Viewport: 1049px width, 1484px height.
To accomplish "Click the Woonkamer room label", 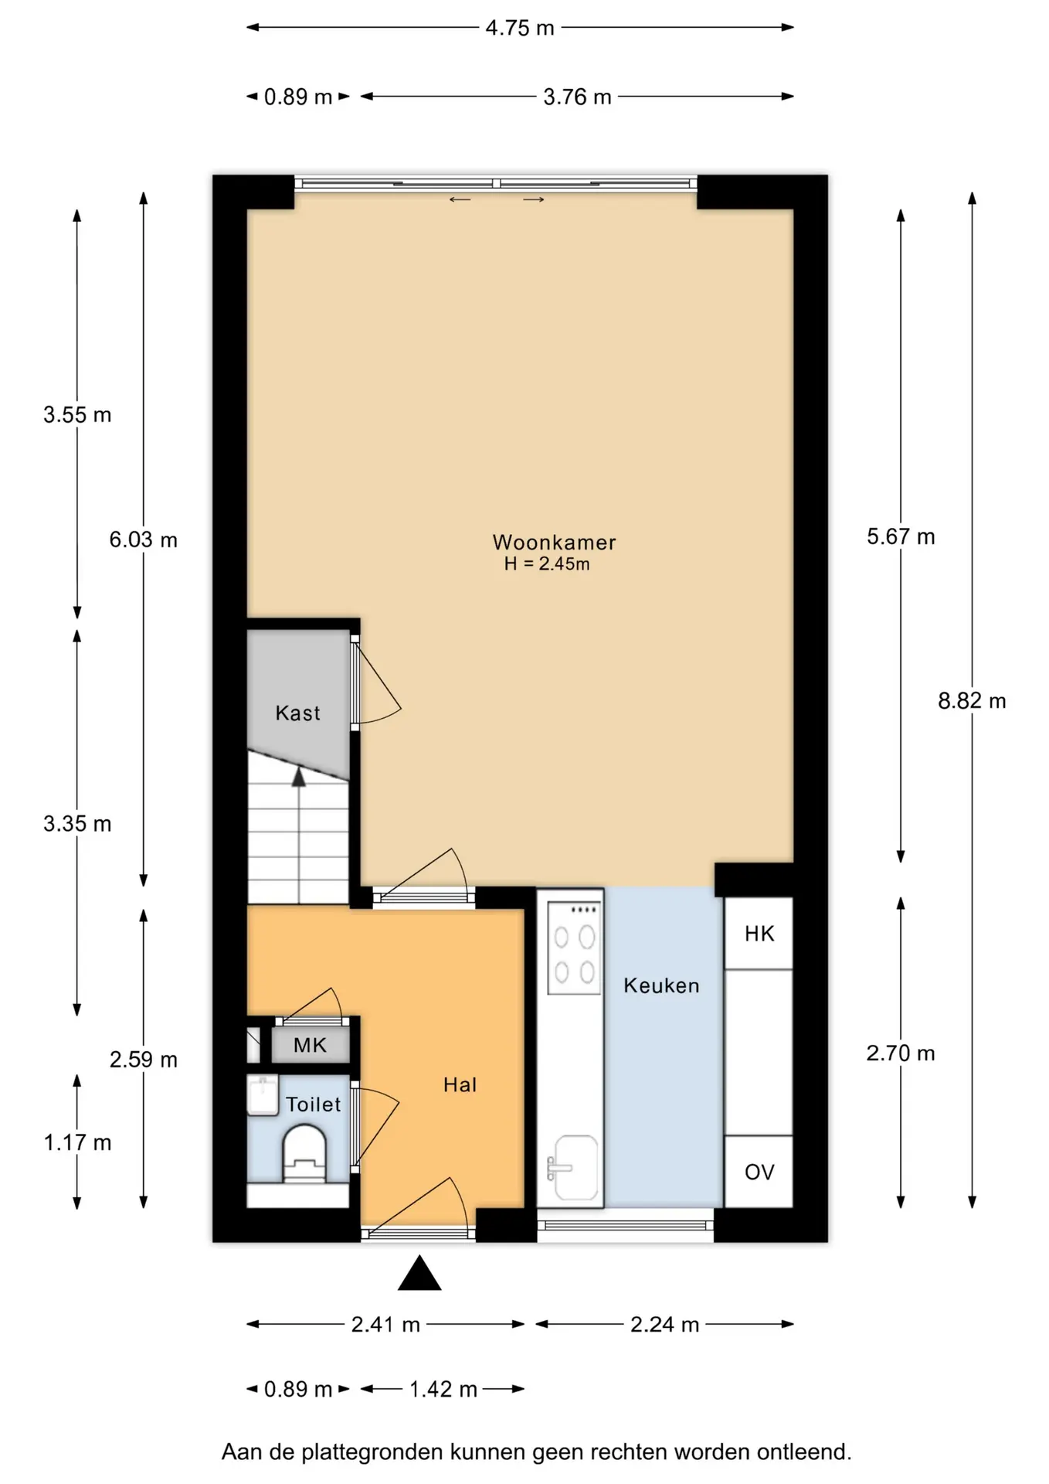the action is click(x=554, y=543).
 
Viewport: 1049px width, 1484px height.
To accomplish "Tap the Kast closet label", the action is click(x=297, y=713).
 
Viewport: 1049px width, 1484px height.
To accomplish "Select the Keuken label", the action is click(x=661, y=985).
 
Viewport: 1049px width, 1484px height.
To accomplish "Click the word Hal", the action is click(x=460, y=1085).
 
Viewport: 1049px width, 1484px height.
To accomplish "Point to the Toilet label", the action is click(x=313, y=1104).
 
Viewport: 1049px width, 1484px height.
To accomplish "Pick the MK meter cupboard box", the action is click(x=310, y=1046).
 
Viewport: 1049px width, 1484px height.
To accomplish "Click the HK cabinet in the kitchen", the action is click(x=759, y=934).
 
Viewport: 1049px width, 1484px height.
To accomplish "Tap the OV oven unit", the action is click(x=759, y=1172).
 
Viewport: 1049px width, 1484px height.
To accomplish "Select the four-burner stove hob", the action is click(x=574, y=948).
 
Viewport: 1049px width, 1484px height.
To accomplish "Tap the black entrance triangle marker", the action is click(x=419, y=1273).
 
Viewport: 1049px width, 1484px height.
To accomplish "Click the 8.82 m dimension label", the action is click(x=972, y=701).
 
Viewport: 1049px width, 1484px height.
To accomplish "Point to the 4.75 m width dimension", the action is click(x=520, y=28).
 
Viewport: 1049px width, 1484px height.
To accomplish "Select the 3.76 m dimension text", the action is click(x=577, y=97).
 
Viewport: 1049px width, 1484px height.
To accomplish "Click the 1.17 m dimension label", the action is click(x=77, y=1142).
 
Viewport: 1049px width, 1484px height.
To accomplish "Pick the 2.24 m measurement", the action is click(x=664, y=1325).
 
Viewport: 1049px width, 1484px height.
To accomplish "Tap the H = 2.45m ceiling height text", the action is click(x=547, y=564).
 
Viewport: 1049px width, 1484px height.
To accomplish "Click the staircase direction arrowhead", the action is click(x=299, y=777).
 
